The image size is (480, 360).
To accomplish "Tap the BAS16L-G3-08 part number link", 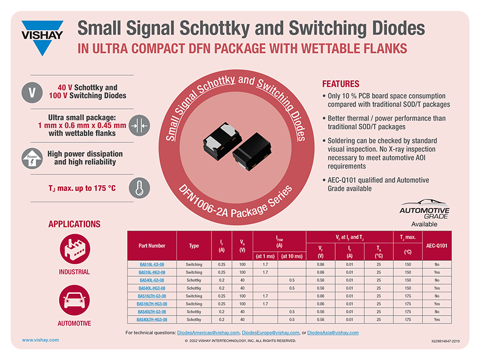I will [x=152, y=265].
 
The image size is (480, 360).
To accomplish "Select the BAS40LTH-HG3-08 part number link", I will [x=152, y=320].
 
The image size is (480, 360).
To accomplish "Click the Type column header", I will [x=194, y=246].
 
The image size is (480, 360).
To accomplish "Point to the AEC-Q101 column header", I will [x=437, y=246].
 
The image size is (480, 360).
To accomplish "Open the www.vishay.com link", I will [x=40, y=339].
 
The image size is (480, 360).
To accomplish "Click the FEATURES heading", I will [x=341, y=83].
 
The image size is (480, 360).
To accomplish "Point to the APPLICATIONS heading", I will [x=74, y=224].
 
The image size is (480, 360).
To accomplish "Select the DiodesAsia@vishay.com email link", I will [x=333, y=332].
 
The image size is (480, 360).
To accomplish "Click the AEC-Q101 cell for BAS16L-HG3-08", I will [x=437, y=272].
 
